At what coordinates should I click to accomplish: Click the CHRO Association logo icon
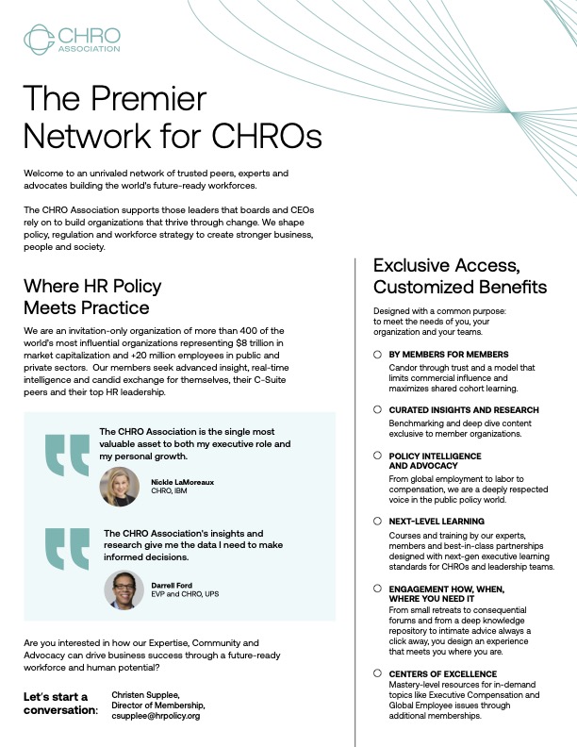pyautogui.click(x=39, y=39)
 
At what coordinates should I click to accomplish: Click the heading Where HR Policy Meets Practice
pyautogui.click(x=92, y=296)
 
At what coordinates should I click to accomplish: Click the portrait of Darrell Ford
pyautogui.click(x=124, y=589)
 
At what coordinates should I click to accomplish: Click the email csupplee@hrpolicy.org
pyautogui.click(x=156, y=716)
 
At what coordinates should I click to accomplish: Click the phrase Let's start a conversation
pyautogui.click(x=60, y=703)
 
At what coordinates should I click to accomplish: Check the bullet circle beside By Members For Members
pyautogui.click(x=378, y=354)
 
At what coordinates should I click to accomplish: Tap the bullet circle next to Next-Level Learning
pyautogui.click(x=378, y=521)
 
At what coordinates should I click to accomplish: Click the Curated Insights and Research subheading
pyautogui.click(x=464, y=410)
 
